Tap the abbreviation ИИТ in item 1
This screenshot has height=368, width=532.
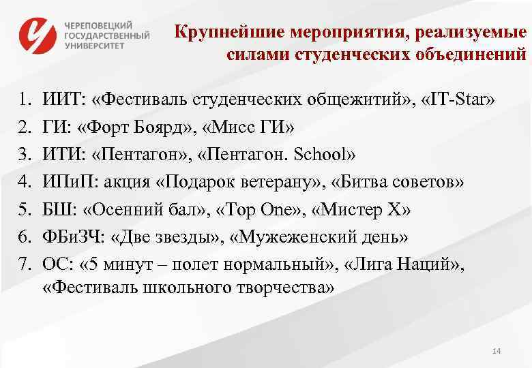[61, 101]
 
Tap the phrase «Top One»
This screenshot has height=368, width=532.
[258, 208]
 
